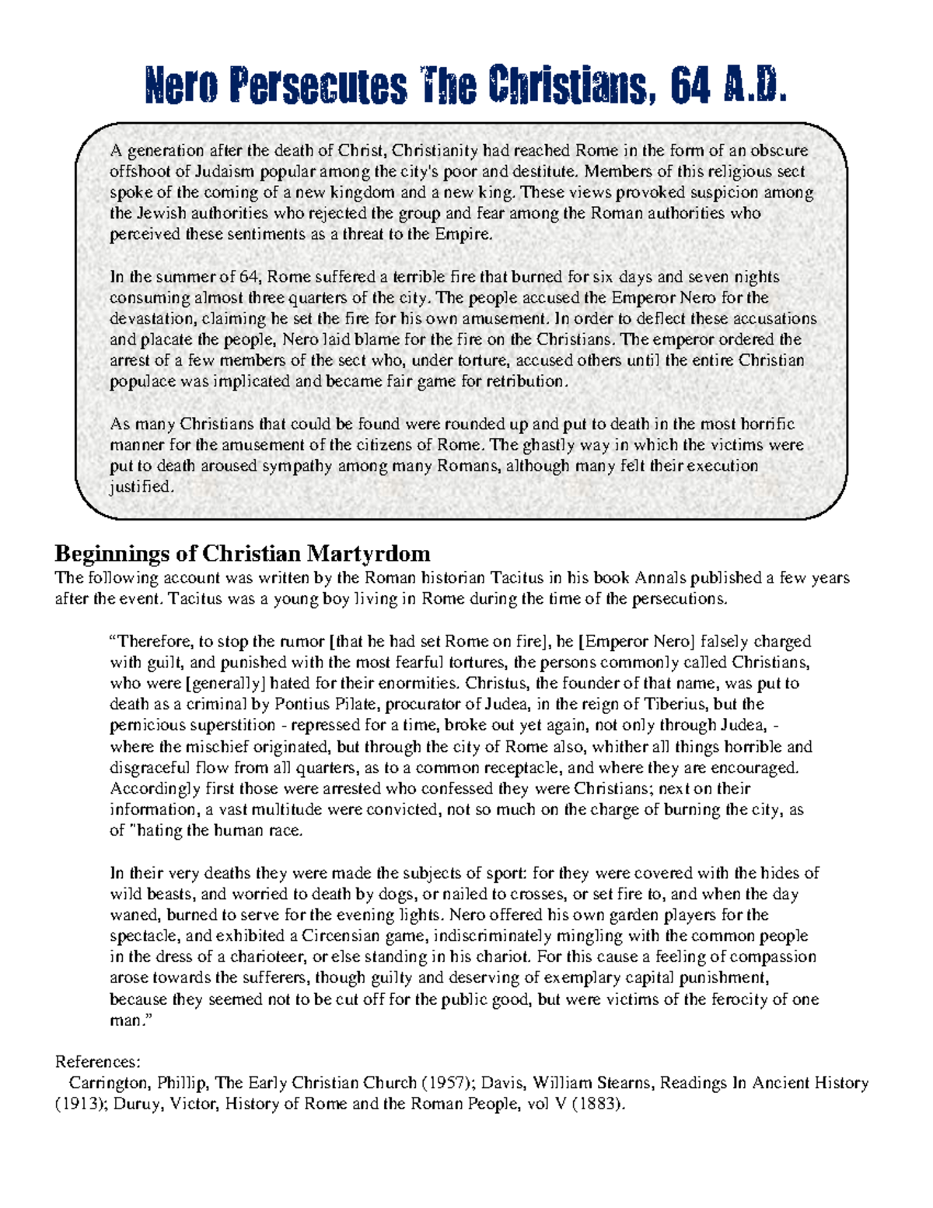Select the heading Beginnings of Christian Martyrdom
242,554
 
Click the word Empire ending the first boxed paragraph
465,234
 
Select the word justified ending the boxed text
140,487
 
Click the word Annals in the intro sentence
661,578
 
